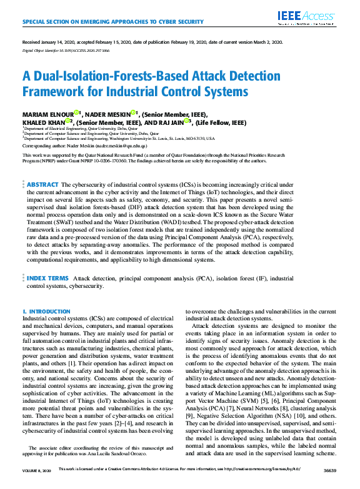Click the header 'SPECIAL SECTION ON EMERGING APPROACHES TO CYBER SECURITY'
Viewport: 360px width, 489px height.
(113, 22)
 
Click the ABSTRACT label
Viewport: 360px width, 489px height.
(42, 185)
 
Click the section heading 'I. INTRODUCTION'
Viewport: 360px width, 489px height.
(46, 311)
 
